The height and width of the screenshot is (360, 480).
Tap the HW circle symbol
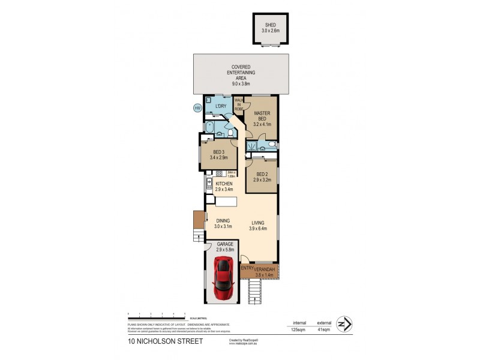coord(197,108)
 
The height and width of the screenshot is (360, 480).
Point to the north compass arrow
coord(344,325)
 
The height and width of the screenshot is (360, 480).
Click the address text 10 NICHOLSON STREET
coord(165,341)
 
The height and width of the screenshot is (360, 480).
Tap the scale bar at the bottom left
coord(156,313)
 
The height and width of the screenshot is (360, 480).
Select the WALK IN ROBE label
coord(238,104)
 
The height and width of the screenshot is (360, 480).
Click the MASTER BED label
coord(262,116)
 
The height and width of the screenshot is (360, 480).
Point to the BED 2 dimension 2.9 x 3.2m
coord(262,179)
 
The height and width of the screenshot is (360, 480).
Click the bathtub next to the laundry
coord(209,127)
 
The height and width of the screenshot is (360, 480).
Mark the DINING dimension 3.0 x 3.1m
coord(223,227)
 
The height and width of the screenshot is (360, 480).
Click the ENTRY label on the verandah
coord(246,269)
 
